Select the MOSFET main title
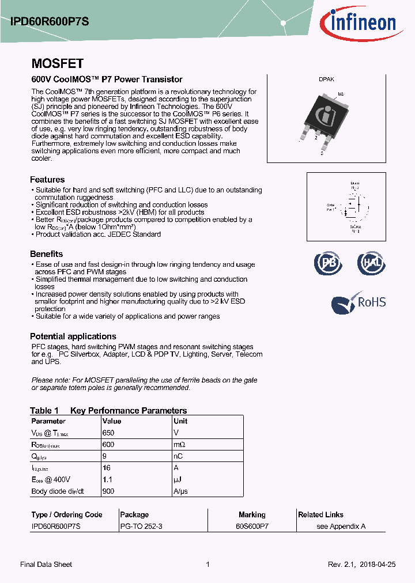[57, 63]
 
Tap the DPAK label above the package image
[326, 80]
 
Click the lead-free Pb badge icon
[327, 263]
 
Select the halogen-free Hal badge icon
[371, 263]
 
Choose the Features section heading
[47, 180]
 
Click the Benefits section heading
[46, 254]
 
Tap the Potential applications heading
[73, 336]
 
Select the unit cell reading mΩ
[180, 445]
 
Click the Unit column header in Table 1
[180, 421]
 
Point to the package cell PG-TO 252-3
[141, 527]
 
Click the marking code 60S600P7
[252, 527]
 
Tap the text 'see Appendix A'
[341, 527]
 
